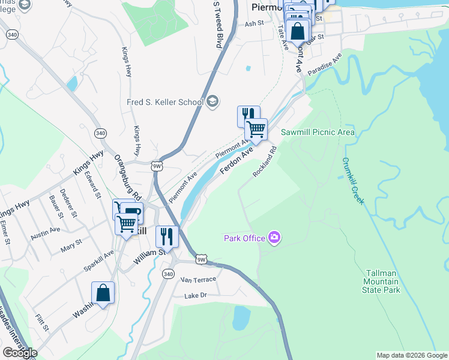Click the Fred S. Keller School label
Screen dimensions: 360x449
(165, 102)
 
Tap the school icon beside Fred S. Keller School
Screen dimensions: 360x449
(212, 102)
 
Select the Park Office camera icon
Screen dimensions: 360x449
(274, 238)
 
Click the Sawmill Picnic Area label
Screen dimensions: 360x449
(318, 132)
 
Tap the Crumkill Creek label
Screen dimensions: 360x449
(354, 181)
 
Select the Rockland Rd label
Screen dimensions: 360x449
(264, 162)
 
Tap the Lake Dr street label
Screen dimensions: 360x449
(196, 295)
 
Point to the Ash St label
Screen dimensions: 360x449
(255, 23)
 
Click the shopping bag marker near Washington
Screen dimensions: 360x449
(103, 293)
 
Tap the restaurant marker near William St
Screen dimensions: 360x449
(166, 236)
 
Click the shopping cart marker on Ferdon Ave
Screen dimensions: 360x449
(256, 128)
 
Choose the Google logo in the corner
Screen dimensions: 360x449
(20, 353)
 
